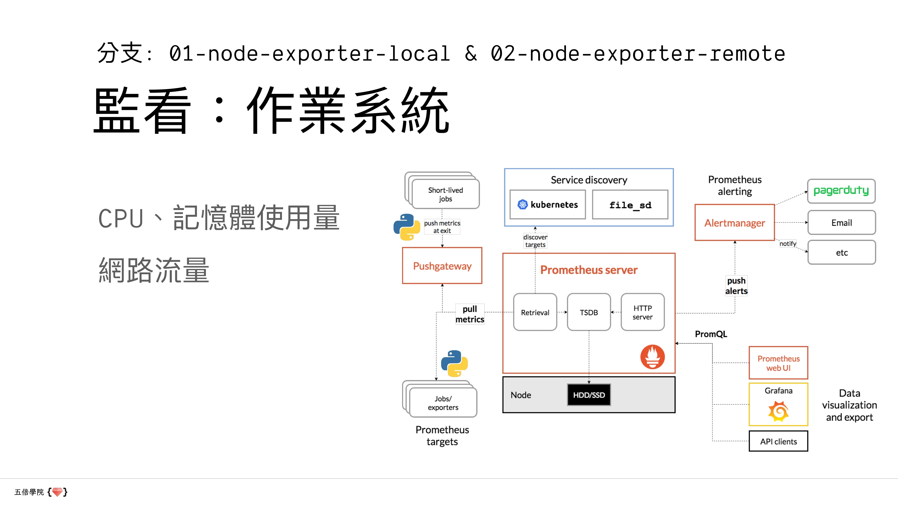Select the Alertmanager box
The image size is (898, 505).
735,223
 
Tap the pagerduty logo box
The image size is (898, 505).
841,191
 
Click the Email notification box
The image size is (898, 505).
841,222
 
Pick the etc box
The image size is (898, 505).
841,252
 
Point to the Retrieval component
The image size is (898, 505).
535,312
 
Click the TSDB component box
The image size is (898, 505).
589,312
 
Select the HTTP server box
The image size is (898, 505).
643,312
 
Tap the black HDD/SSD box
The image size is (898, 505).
589,395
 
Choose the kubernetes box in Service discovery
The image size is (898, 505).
547,204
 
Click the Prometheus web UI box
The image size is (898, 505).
778,363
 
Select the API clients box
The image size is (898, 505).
778,441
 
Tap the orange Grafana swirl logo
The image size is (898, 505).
778,411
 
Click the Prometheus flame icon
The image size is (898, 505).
652,357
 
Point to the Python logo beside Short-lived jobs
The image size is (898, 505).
407,227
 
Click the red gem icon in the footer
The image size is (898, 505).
57,492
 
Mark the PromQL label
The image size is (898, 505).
711,334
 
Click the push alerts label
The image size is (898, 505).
736,286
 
